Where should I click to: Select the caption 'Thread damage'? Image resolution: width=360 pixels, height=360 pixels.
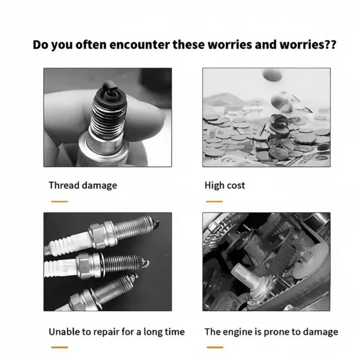point(82,186)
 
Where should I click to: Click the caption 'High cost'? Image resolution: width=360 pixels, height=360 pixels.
point(225,186)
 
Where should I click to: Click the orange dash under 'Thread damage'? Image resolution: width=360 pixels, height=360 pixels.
point(59,201)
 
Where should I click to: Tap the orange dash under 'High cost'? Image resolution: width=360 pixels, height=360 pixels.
point(214,201)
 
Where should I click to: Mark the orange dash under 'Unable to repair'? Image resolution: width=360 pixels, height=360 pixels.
point(59,348)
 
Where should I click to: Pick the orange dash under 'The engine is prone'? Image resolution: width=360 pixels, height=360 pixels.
point(214,348)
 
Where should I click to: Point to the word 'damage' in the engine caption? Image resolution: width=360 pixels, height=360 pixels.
point(319,332)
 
